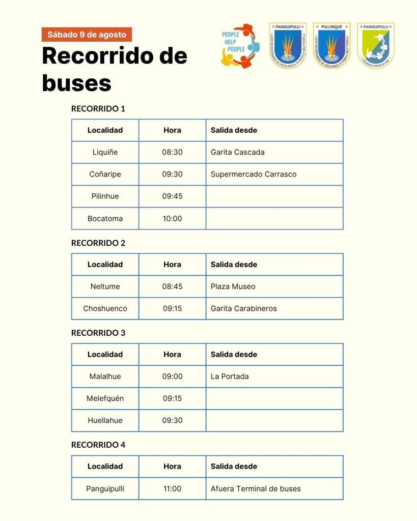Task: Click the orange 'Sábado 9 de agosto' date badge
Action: tap(87, 35)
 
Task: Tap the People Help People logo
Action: tap(237, 46)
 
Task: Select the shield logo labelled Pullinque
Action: tap(331, 46)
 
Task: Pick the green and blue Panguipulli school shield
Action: tap(376, 46)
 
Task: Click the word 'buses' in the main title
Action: tap(76, 82)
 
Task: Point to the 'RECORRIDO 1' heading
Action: tap(98, 108)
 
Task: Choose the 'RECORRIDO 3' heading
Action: tap(98, 333)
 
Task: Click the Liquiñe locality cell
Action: tap(105, 152)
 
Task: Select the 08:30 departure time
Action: tap(172, 152)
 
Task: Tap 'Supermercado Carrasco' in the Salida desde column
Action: tap(254, 174)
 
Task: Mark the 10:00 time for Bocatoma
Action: tap(172, 218)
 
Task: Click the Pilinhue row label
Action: tap(105, 196)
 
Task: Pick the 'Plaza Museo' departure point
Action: tap(233, 286)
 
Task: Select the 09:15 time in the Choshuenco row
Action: tap(172, 308)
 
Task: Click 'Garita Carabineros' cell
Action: tap(244, 308)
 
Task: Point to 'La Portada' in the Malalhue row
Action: tap(230, 377)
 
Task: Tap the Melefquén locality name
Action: tap(105, 398)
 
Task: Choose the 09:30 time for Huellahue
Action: tap(172, 420)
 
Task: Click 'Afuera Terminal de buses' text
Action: tap(256, 488)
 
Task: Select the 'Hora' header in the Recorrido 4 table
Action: tap(172, 466)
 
